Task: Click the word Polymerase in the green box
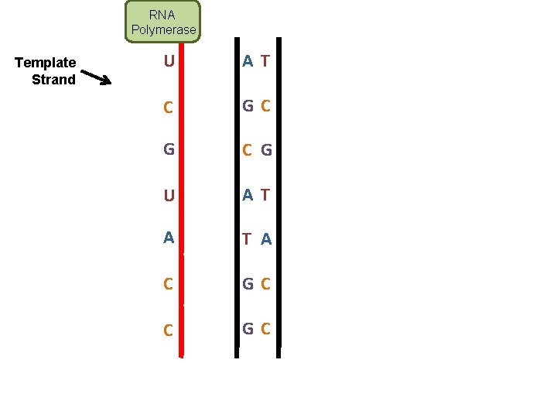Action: (163, 30)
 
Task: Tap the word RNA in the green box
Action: (162, 15)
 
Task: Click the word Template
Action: (46, 63)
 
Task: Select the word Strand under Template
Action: (53, 79)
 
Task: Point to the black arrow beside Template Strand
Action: (96, 77)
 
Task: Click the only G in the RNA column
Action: (169, 149)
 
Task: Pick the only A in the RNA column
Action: (169, 238)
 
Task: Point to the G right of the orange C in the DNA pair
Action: (266, 150)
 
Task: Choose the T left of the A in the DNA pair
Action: (247, 239)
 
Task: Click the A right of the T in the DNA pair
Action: (266, 239)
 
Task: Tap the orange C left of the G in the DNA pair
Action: (247, 150)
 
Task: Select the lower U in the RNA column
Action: (169, 195)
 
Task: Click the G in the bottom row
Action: (248, 328)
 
